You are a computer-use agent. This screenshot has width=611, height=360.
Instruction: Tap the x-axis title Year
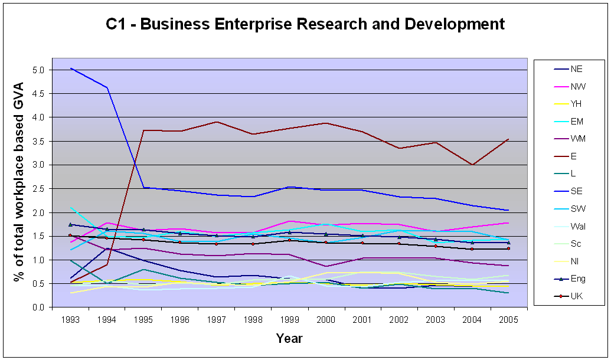(x=289, y=338)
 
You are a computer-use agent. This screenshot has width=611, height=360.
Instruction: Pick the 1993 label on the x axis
(x=70, y=320)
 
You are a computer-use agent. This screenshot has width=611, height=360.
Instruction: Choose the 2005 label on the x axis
(x=509, y=320)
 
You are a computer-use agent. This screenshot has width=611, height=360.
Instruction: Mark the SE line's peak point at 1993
(x=70, y=68)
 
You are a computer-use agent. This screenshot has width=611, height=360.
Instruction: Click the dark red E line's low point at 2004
(x=472, y=165)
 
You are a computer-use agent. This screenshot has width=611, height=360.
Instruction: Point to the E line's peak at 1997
(x=217, y=122)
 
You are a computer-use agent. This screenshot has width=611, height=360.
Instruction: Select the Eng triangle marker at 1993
(x=70, y=224)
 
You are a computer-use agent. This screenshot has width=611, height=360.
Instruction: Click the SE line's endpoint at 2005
(x=508, y=210)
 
